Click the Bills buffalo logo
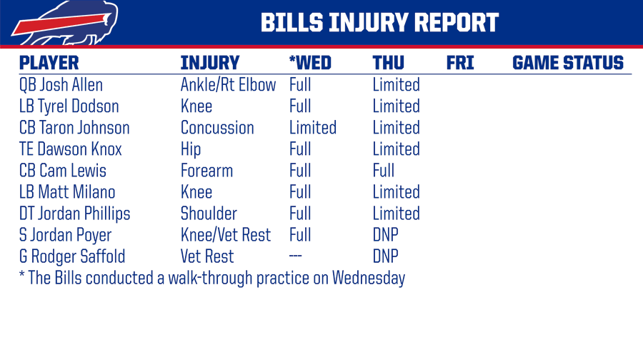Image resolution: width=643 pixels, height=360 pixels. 66,24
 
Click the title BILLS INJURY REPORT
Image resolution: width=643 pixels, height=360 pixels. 380,23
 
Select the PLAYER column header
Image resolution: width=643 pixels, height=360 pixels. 49,63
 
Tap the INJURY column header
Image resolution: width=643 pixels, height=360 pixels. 210,63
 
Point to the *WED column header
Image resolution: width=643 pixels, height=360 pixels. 310,63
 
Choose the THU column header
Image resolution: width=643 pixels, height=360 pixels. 389,63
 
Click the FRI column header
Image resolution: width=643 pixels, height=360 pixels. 460,63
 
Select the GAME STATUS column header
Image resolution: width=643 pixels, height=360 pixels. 568,63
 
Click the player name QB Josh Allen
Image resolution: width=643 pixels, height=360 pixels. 61,85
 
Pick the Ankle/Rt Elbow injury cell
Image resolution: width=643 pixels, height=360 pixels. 229,85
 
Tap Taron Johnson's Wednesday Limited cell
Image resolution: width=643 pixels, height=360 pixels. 313,128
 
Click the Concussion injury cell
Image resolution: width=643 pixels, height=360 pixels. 217,128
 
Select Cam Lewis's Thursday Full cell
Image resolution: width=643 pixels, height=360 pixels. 384,171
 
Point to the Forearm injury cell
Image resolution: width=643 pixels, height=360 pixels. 206,171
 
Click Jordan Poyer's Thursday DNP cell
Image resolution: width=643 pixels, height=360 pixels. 386,235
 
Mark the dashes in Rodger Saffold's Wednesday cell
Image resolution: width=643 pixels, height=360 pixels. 295,256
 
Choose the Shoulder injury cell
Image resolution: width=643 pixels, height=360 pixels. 209,213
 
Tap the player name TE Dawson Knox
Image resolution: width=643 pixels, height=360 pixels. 71,149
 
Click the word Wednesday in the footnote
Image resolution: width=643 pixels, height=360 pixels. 369,278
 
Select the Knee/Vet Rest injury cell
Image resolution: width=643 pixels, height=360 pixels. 226,235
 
